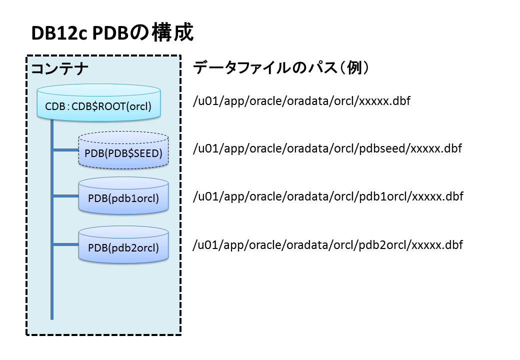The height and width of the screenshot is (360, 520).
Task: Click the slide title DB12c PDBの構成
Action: click(112, 33)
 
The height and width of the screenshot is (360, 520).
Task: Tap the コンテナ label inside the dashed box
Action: click(60, 68)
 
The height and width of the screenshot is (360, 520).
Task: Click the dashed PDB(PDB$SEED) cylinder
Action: click(123, 150)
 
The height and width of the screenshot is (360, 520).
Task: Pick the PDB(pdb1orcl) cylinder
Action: click(123, 195)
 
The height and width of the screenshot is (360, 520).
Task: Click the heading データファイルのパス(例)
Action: click(281, 68)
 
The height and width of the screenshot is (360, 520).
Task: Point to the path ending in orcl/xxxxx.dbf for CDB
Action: click(301, 101)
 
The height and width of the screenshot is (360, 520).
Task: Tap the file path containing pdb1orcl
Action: click(328, 196)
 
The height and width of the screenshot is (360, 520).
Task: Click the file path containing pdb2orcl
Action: click(328, 245)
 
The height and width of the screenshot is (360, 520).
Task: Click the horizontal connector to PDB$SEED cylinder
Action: click(65, 149)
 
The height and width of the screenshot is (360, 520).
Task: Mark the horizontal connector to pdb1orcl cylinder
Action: click(65, 196)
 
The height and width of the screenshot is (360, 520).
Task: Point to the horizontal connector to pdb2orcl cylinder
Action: click(65, 244)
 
